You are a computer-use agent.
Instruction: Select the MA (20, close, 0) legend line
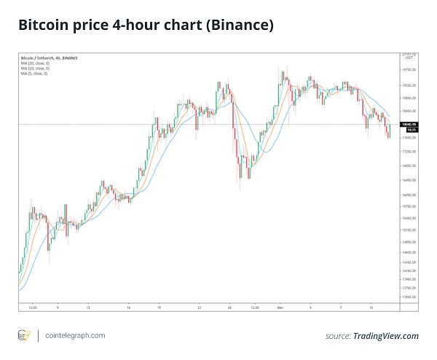[35, 63]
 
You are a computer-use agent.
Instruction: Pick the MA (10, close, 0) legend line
[35, 68]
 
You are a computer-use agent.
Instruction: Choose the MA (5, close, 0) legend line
[34, 73]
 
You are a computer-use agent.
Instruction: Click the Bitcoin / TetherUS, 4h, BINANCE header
[47, 58]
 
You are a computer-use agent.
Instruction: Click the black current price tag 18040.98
[409, 125]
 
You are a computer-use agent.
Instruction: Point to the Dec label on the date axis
[280, 307]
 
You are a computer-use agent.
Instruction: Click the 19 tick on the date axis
[159, 307]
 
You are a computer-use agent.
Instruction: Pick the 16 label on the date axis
[128, 307]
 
